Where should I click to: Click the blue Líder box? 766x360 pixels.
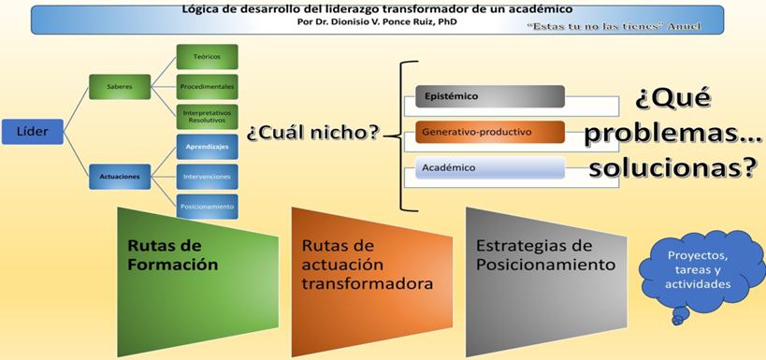click(33, 132)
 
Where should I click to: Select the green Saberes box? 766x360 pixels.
click(120, 87)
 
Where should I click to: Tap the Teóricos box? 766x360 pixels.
click(207, 57)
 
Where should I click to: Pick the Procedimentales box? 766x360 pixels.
click(207, 87)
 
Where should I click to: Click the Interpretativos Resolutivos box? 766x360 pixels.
click(207, 117)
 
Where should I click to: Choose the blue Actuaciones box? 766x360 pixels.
click(120, 177)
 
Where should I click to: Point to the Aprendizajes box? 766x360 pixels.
click(207, 147)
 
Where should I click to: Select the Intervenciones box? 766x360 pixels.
click(207, 177)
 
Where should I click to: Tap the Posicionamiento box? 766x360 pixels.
click(207, 206)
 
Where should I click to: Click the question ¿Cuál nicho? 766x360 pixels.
click(313, 133)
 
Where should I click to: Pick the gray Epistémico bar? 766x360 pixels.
click(490, 96)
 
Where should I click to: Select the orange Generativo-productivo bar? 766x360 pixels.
click(490, 132)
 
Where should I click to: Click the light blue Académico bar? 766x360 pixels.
click(490, 167)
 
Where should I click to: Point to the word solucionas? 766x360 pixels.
click(672, 168)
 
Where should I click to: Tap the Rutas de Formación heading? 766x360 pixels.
click(173, 255)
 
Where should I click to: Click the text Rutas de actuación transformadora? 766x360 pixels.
click(368, 265)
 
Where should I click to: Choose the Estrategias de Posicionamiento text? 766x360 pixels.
click(545, 255)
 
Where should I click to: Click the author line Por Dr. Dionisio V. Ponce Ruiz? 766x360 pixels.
click(377, 22)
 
